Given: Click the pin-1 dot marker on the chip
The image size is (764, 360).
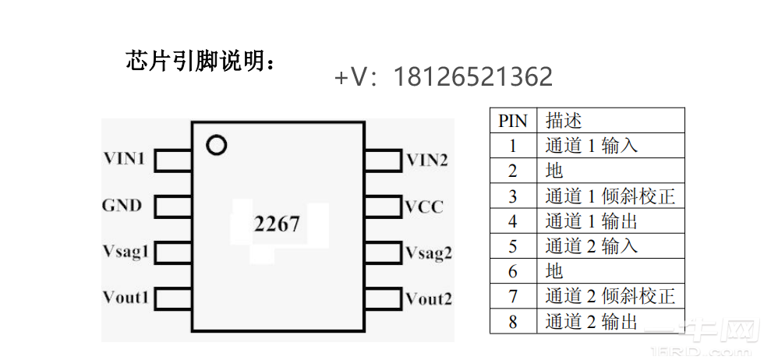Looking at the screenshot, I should (216, 145).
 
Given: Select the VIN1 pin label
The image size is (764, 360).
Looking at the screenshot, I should (125, 160).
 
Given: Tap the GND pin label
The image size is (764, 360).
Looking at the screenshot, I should (122, 206).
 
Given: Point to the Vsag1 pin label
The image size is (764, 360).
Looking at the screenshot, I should (126, 252).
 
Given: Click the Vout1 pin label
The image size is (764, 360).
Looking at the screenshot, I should (126, 298).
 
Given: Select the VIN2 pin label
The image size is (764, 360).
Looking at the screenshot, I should (427, 161).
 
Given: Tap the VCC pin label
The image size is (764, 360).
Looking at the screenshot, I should (424, 206).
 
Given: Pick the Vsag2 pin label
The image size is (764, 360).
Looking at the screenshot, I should (429, 252).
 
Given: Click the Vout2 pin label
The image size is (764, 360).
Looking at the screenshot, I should (429, 298).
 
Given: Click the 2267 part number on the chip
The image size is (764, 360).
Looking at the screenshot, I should (277, 224).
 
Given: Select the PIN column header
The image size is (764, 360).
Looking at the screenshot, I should (512, 121).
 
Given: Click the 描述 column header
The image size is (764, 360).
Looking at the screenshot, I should (564, 121).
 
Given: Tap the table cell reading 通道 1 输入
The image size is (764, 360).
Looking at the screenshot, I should (592, 146).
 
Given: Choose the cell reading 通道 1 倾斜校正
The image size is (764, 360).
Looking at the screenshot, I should (610, 196).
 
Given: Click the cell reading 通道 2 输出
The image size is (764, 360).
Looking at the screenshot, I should (592, 321).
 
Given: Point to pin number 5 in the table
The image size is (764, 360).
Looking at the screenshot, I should (512, 246).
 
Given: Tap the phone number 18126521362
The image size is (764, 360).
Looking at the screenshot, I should (473, 77).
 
